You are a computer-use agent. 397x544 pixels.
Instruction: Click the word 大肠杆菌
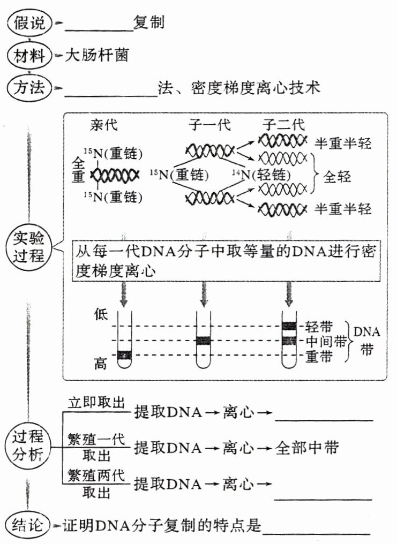96,55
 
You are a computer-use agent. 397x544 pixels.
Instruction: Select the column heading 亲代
104,126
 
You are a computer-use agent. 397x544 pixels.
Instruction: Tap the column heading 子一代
209,126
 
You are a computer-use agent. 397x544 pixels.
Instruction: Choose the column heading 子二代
283,126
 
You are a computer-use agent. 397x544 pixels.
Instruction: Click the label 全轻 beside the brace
338,176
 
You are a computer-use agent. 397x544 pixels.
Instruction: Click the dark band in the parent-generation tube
124,354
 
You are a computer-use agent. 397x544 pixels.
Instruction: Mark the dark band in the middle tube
204,341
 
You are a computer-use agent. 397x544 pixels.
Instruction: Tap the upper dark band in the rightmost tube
289,326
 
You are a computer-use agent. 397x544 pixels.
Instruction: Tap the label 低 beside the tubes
100,314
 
